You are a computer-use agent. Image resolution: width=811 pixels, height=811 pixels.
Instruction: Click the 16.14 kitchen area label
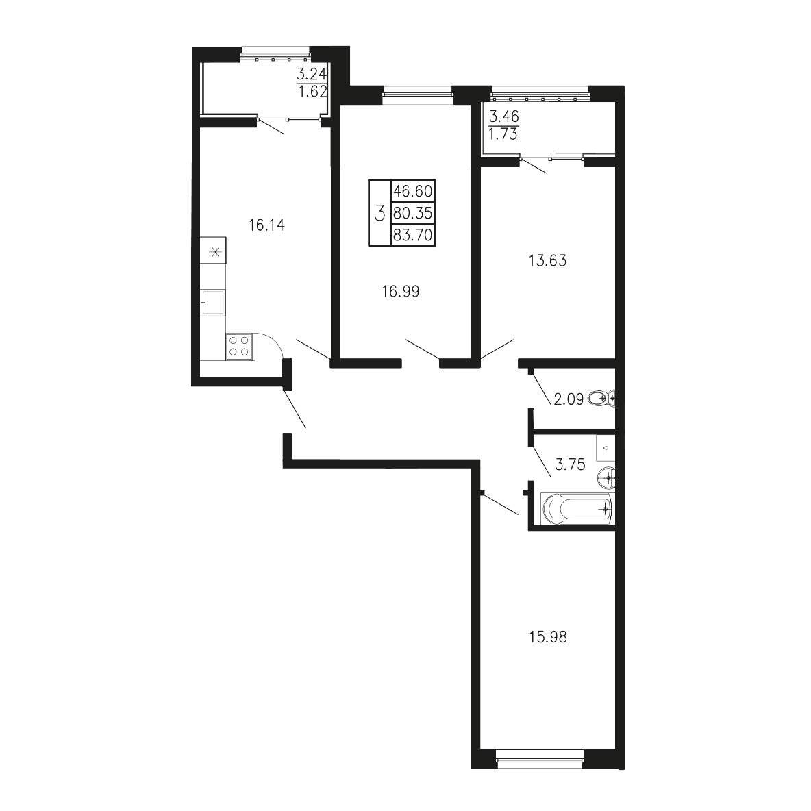pyautogui.click(x=266, y=225)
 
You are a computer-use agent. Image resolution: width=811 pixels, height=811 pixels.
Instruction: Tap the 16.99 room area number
pyautogui.click(x=400, y=292)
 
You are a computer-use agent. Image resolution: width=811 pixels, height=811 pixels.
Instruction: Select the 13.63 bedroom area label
pyautogui.click(x=547, y=261)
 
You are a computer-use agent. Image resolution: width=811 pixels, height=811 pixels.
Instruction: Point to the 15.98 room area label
pyautogui.click(x=548, y=637)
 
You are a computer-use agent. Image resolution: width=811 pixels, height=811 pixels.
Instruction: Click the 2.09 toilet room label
pyautogui.click(x=569, y=399)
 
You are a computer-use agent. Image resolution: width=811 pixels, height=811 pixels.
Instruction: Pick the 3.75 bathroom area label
pyautogui.click(x=570, y=464)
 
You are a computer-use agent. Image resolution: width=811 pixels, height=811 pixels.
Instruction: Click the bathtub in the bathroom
pyautogui.click(x=577, y=508)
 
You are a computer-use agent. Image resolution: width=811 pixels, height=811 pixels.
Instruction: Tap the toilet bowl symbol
pyautogui.click(x=601, y=398)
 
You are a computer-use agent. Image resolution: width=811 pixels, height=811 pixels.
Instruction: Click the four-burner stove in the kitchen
pyautogui.click(x=239, y=346)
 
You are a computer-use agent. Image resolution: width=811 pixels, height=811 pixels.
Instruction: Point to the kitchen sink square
pyautogui.click(x=212, y=302)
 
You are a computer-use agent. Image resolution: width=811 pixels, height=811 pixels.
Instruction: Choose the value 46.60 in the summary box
pyautogui.click(x=413, y=191)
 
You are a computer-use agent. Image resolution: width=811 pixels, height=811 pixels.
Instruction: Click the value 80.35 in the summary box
pyautogui.click(x=413, y=212)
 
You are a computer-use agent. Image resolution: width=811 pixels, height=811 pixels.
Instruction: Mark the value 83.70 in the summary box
pyautogui.click(x=413, y=236)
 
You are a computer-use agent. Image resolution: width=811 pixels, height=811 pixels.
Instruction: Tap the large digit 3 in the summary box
pyautogui.click(x=379, y=213)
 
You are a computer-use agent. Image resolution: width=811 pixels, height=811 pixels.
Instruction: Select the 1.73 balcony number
pyautogui.click(x=503, y=134)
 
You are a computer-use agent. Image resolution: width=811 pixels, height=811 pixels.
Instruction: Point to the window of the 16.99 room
pyautogui.click(x=417, y=94)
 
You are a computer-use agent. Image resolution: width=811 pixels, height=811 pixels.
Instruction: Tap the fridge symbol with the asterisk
pyautogui.click(x=213, y=252)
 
